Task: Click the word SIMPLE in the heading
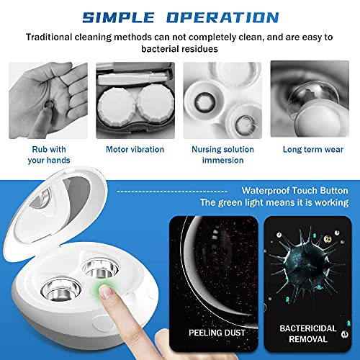(119, 17)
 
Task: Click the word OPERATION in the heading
(222, 17)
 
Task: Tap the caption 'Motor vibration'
(135, 149)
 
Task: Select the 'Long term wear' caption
(313, 149)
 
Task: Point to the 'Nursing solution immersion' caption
(222, 155)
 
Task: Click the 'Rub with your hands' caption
(49, 155)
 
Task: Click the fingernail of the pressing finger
(106, 292)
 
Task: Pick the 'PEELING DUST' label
(217, 333)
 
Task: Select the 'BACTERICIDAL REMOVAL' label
(308, 333)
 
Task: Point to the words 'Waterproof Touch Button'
(295, 191)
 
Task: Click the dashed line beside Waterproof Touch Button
(172, 192)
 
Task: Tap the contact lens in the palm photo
(50, 104)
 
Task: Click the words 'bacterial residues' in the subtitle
(179, 49)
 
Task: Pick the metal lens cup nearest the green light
(100, 269)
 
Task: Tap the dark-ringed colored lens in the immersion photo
(204, 102)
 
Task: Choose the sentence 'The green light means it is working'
(274, 202)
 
